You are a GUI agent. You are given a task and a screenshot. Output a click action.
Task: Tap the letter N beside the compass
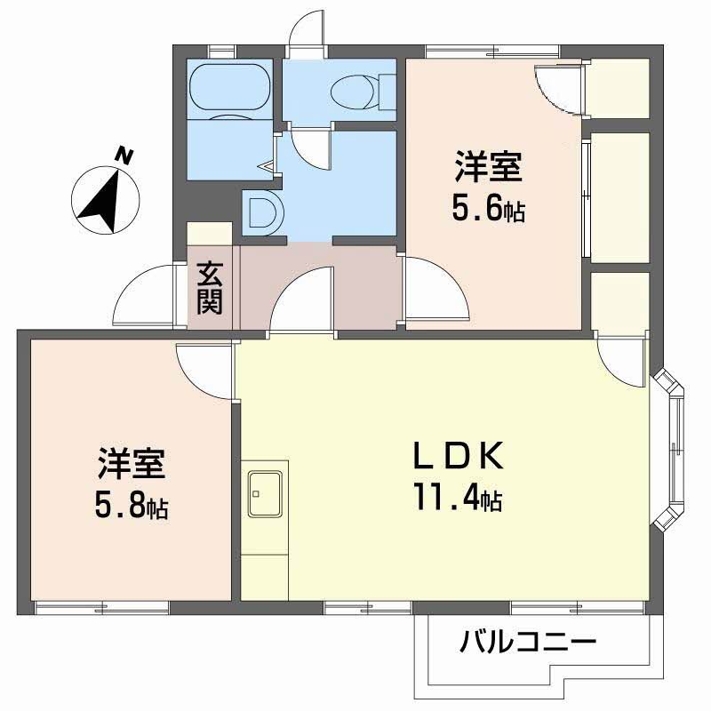point(126,157)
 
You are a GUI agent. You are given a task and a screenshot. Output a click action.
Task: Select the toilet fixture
point(355,90)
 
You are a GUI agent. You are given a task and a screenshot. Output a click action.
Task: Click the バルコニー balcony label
point(527,642)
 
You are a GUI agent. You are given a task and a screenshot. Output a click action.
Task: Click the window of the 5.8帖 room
point(101,607)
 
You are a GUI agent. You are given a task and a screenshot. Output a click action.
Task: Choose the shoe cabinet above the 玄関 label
point(211,233)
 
